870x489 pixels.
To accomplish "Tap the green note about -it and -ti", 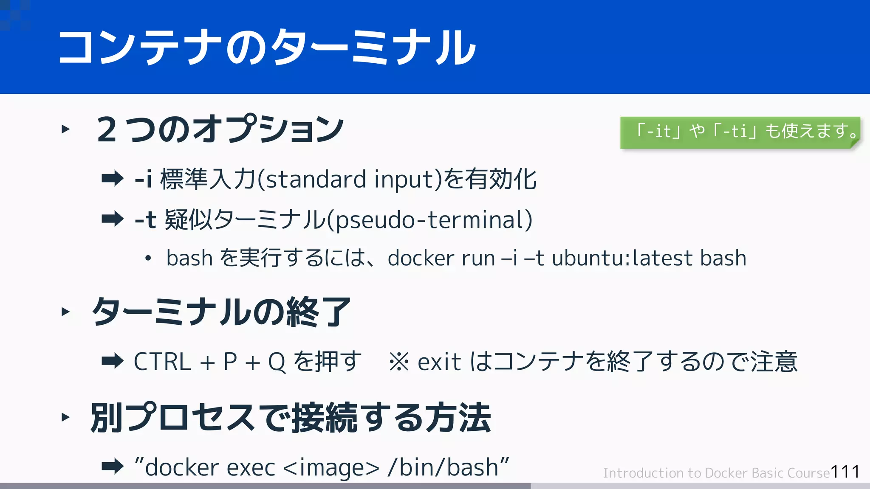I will tap(740, 132).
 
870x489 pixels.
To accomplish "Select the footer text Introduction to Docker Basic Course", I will tap(716, 473).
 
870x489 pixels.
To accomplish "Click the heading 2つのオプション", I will tap(220, 129).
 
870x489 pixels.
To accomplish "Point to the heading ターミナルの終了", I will tap(221, 312).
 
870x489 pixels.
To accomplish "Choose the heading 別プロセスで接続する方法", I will tap(291, 418).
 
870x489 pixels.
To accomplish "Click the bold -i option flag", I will tap(143, 179).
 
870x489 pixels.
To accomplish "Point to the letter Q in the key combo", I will tap(277, 362).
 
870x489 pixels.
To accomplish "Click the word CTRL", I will tap(162, 362).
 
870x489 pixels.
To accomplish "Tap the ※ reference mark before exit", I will tap(399, 362).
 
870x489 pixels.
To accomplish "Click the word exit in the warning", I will tap(439, 362).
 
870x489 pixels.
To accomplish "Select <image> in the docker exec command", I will tap(331, 468).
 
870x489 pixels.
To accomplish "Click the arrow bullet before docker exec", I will tap(113, 467).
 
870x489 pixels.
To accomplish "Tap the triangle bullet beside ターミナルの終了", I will tap(65, 312).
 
